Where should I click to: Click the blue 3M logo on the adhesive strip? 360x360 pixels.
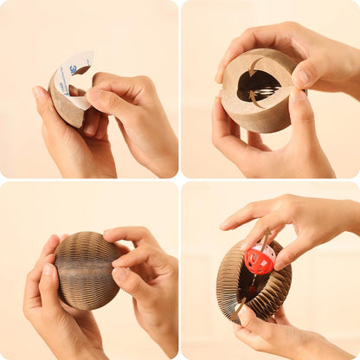pyautogui.click(x=74, y=68)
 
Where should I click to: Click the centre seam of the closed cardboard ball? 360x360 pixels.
pyautogui.click(x=86, y=270)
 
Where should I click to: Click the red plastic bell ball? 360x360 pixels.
pyautogui.click(x=259, y=259)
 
